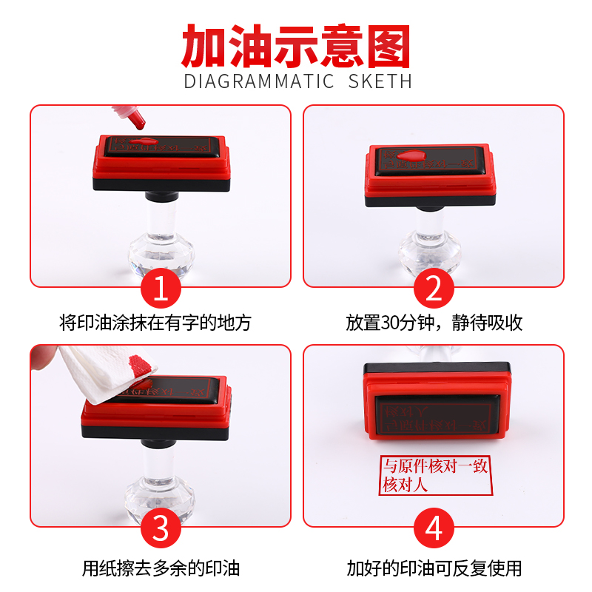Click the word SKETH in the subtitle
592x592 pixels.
(380, 81)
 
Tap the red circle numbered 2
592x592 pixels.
(434, 289)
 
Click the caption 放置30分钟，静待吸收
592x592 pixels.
(434, 323)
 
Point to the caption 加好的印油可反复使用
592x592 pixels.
(434, 568)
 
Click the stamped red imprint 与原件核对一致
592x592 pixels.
(434, 467)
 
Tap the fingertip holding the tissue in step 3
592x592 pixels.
(41, 359)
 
